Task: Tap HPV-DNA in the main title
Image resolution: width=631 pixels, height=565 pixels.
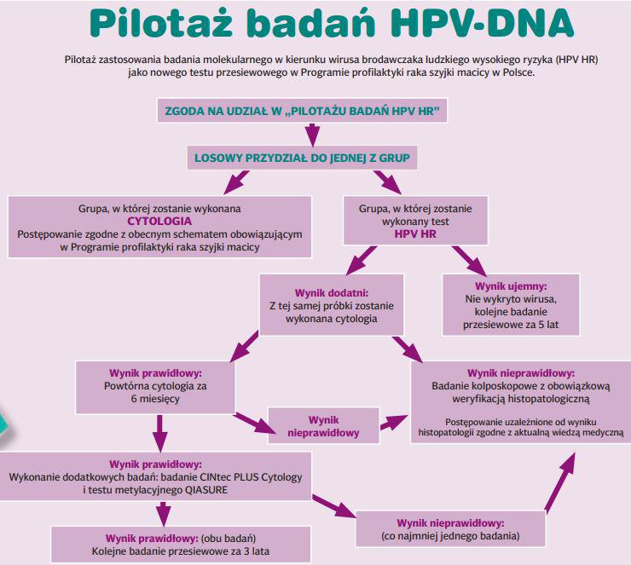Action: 482,23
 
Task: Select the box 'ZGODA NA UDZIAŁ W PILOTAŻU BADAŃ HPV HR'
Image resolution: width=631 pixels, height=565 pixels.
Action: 302,111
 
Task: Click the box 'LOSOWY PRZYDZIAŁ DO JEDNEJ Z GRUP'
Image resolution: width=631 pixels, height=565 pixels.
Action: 302,158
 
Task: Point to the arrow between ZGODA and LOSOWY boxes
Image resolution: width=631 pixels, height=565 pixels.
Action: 312,135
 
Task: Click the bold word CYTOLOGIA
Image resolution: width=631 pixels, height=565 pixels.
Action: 159,222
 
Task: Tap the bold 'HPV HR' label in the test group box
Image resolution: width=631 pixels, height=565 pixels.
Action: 415,234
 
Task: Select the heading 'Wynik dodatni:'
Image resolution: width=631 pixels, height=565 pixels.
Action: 332,293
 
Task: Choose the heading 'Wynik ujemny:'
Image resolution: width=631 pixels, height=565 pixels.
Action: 511,286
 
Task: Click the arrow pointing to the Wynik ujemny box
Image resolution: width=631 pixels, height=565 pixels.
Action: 469,261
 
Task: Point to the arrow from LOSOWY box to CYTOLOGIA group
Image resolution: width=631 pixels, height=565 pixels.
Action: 237,182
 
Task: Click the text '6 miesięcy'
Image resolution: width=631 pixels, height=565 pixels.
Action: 155,399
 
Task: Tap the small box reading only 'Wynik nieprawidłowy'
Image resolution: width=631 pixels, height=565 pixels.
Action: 323,426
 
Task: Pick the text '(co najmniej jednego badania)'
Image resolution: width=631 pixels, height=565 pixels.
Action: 450,536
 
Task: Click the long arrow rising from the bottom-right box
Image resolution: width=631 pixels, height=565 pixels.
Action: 559,482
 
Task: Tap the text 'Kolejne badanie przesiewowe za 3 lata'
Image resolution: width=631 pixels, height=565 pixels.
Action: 181,551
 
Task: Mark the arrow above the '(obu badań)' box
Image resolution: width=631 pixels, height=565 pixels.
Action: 163,514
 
